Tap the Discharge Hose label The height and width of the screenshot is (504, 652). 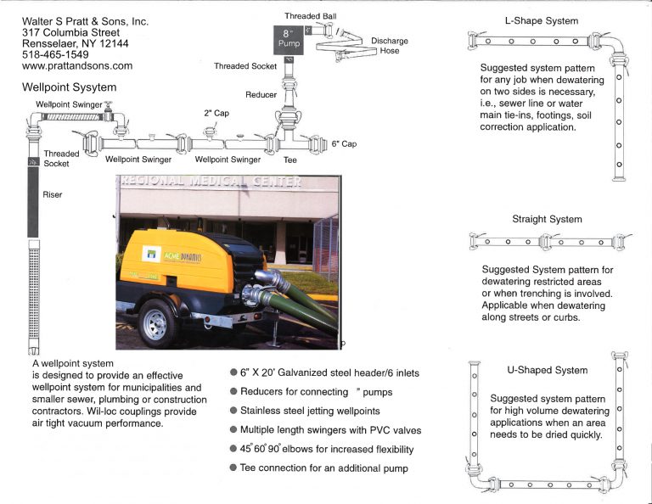coord(389,46)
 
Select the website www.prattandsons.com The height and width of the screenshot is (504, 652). coord(77,65)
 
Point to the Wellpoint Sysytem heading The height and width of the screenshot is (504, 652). coord(70,87)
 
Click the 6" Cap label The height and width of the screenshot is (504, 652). coord(344,144)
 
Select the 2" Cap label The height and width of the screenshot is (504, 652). coord(216,113)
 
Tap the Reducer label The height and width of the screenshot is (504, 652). coord(261,95)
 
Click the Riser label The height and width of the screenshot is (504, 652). coord(53,194)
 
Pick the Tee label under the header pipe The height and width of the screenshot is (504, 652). coord(289,159)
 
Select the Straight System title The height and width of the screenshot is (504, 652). coord(547,219)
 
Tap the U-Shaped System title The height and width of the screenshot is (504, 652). coord(547,370)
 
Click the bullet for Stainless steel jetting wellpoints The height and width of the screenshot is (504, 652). coord(233,411)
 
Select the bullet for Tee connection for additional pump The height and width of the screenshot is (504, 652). coord(233,468)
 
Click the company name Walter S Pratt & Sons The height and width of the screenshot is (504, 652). coord(85,20)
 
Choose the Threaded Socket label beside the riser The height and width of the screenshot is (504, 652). coord(61,159)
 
